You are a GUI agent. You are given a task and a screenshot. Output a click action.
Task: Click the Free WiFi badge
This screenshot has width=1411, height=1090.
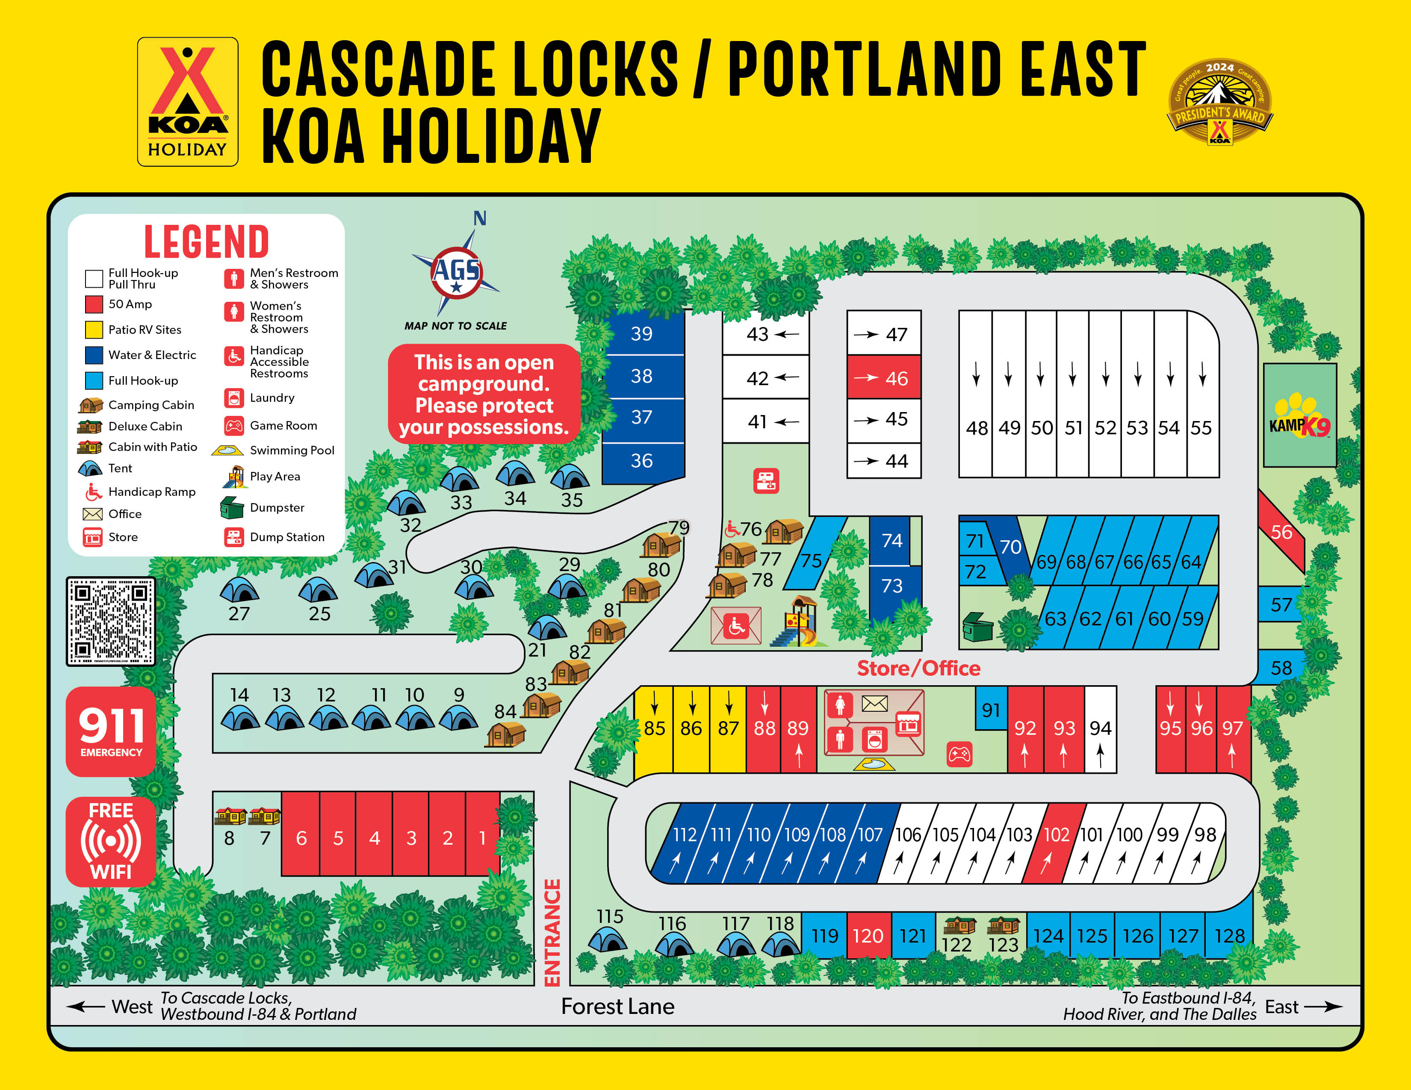tap(111, 841)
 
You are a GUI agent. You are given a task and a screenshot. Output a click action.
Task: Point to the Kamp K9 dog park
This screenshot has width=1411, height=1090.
tap(1299, 415)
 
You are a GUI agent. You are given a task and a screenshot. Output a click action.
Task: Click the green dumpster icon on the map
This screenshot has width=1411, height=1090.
tap(977, 626)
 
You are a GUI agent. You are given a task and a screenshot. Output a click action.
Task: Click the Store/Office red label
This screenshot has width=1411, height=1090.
tap(918, 669)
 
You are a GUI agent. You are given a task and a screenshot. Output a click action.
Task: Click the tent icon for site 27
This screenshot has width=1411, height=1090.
tap(239, 589)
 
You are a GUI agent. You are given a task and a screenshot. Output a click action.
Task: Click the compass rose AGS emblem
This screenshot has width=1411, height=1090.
tap(457, 271)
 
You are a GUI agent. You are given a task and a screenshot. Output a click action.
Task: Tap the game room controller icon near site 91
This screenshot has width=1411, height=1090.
tap(959, 754)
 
